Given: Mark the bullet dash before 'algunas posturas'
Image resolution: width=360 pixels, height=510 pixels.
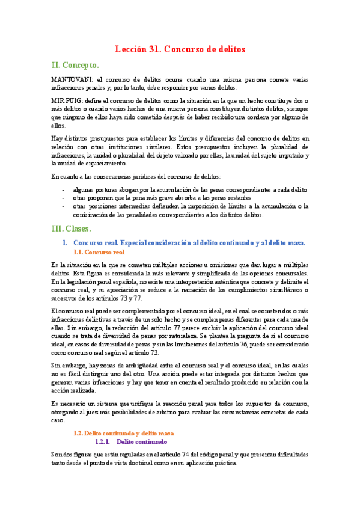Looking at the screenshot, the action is coord(64,190).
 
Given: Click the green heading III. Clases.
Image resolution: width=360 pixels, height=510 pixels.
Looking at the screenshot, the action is coord(72,229).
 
